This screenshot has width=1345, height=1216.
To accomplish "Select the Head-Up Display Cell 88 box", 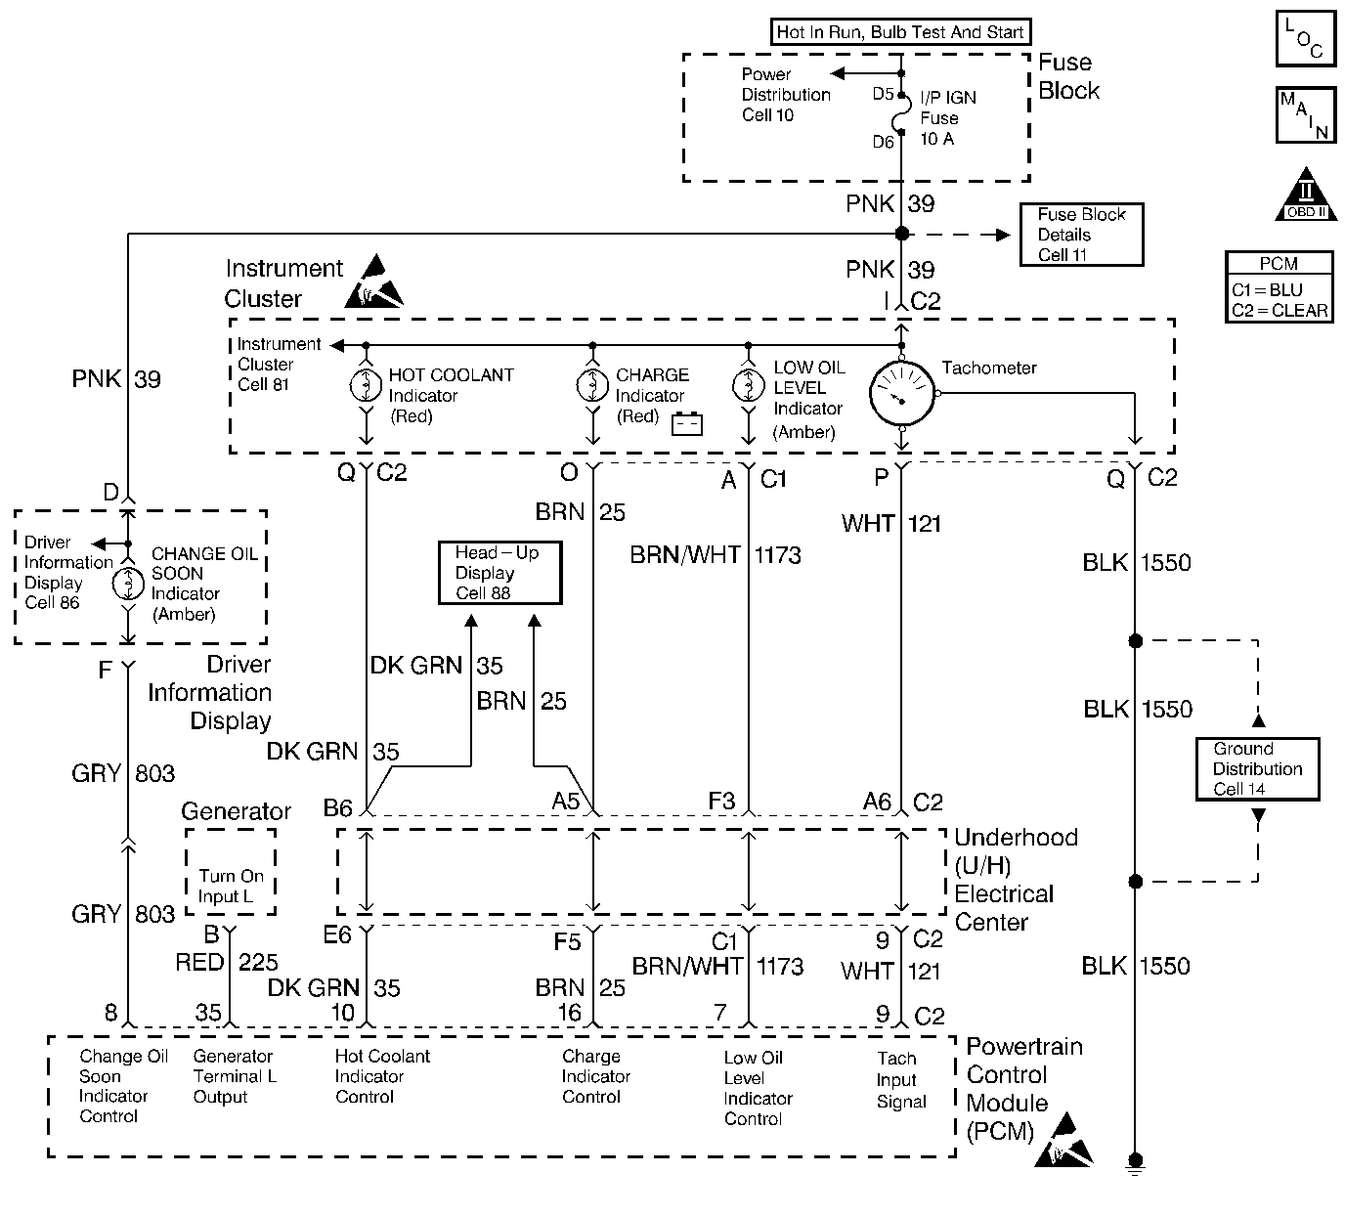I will pos(499,573).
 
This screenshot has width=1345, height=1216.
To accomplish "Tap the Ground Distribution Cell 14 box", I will pos(1258,768).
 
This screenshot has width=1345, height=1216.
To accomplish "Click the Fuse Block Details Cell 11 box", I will pos(1081,235).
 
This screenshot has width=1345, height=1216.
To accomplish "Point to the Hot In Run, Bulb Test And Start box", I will pos(900,32).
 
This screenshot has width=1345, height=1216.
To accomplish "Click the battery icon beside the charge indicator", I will pos(687,423).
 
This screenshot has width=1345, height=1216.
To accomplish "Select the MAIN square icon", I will pos(1306,116).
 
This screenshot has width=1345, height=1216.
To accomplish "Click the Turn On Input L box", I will pos(231,873).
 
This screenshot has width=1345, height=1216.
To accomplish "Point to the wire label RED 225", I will pos(227,963).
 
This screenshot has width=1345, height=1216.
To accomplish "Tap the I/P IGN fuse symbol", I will pos(901,117).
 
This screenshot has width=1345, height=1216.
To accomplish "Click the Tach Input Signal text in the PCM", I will pos(900,1079).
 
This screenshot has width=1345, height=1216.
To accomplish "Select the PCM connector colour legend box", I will pos(1279,286).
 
